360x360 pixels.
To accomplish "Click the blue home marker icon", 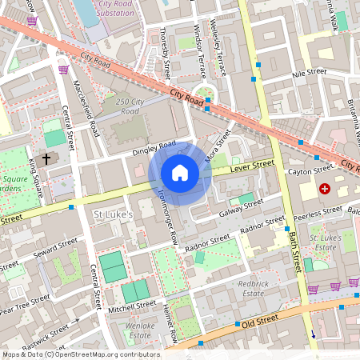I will [x=180, y=173].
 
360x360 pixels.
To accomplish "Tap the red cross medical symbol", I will [x=325, y=189].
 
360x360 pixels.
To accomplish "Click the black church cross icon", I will [x=46, y=159].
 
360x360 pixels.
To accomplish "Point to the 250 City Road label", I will [x=133, y=106].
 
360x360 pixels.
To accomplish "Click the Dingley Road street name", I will [x=155, y=146].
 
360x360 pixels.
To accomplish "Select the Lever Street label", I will [x=252, y=165].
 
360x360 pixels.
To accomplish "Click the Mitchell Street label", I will [x=134, y=305].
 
